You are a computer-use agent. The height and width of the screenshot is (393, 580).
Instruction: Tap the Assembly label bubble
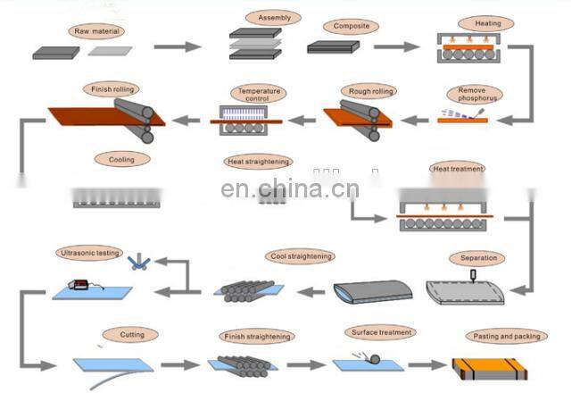[x=274, y=17]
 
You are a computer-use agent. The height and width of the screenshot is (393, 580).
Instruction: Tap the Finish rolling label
[x=112, y=89]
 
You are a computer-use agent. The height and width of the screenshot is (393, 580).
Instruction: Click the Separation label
[x=477, y=258]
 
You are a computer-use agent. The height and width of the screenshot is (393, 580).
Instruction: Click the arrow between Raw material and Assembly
[x=177, y=46]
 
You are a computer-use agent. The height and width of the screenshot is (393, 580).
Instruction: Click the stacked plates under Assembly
[x=255, y=44]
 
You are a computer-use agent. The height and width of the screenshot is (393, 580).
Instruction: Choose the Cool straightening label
[x=300, y=256]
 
